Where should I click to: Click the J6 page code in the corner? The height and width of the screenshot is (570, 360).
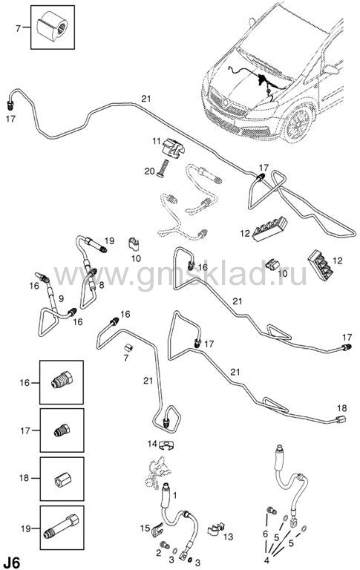click(10, 563)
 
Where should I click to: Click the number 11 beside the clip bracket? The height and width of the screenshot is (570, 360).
click(157, 141)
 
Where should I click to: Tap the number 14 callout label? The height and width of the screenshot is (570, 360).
click(152, 444)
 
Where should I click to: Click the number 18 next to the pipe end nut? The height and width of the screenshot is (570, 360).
click(342, 408)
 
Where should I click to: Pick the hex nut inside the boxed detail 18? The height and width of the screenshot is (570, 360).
click(62, 479)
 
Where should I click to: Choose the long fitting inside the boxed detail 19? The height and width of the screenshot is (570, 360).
click(62, 528)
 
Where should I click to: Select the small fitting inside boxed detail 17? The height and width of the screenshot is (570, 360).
click(62, 430)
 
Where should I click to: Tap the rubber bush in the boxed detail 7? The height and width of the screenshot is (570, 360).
click(53, 27)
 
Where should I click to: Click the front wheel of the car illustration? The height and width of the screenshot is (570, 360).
click(298, 123)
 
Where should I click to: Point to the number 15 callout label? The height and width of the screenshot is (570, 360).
click(145, 528)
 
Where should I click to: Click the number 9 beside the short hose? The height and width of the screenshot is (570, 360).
click(61, 299)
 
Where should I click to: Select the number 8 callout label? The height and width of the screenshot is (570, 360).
click(102, 285)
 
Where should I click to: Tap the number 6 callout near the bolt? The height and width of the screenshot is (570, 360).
click(265, 534)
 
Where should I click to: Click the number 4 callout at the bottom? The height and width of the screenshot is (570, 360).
click(267, 560)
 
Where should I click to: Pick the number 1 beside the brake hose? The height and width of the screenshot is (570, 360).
click(175, 495)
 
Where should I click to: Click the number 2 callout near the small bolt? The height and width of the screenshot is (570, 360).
click(159, 553)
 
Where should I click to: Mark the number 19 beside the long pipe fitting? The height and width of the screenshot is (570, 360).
click(109, 240)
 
